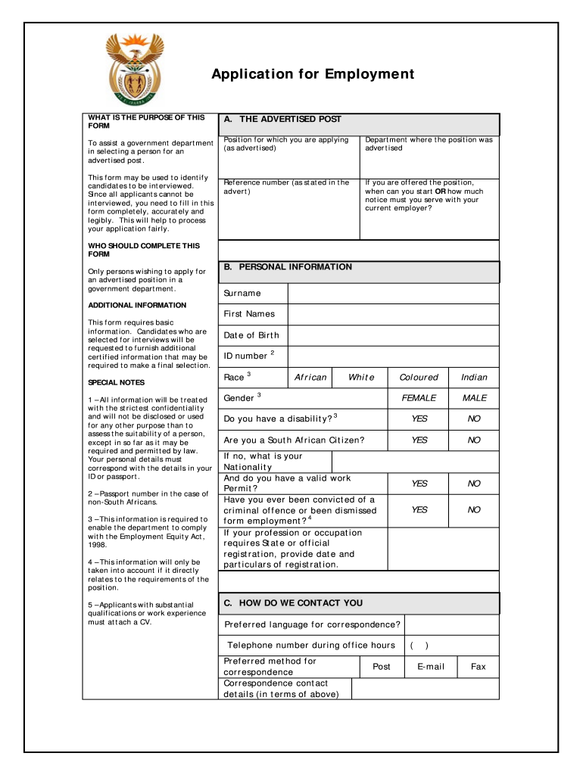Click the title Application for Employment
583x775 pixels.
point(313,74)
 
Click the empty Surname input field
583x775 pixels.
point(393,294)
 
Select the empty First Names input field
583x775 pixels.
point(393,314)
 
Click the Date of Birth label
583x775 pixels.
point(251,335)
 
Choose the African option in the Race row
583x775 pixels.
point(310,377)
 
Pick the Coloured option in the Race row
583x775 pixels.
point(419,377)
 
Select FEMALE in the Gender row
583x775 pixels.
point(419,398)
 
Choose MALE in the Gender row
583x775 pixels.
point(474,398)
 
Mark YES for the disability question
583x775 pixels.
point(419,419)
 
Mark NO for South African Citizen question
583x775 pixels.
point(474,440)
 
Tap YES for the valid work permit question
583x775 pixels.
point(419,484)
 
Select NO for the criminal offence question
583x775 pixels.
point(474,510)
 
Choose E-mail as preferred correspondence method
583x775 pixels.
point(431,667)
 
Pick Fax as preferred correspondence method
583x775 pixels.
point(479,667)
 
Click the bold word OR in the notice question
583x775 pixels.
point(439,191)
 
